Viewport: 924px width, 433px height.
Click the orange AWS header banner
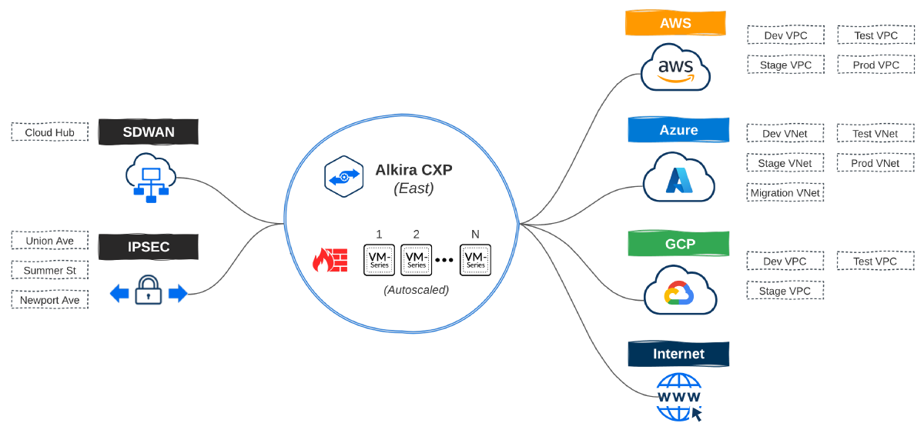pyautogui.click(x=675, y=23)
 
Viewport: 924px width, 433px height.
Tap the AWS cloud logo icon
pyautogui.click(x=675, y=68)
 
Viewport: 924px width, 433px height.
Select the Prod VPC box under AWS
pyautogui.click(x=875, y=65)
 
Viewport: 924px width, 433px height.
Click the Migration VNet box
pyautogui.click(x=785, y=192)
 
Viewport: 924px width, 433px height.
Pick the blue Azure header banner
pyautogui.click(x=678, y=130)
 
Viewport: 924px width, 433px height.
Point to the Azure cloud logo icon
pyautogui.click(x=678, y=178)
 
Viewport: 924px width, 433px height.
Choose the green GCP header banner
pyautogui.click(x=678, y=244)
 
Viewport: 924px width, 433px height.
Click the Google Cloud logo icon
pyautogui.click(x=679, y=291)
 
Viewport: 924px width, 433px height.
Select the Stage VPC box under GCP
pyautogui.click(x=785, y=291)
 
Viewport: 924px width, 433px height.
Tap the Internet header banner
pyautogui.click(x=678, y=354)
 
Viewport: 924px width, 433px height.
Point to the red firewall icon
pyautogui.click(x=330, y=260)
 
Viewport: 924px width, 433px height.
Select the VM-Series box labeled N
pyautogui.click(x=475, y=260)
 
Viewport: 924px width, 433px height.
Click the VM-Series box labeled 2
pyautogui.click(x=416, y=260)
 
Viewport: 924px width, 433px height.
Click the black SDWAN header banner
pyautogui.click(x=149, y=132)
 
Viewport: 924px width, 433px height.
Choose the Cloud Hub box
pyautogui.click(x=50, y=132)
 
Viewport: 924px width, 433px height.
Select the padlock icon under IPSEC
pyautogui.click(x=149, y=291)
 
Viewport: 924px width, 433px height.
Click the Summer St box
pyautogui.click(x=50, y=270)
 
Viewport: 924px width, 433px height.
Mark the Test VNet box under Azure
pyautogui.click(x=875, y=133)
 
